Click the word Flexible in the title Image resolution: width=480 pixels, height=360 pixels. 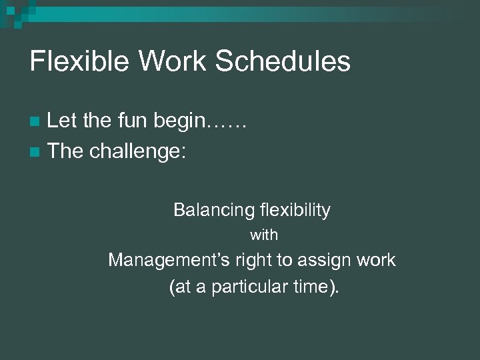coord(74,61)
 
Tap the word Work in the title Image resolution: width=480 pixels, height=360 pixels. coord(163,61)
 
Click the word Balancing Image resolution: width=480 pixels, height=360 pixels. coord(209,211)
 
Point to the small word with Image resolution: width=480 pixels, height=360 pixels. coord(264,235)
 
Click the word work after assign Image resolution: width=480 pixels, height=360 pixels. coord(377,260)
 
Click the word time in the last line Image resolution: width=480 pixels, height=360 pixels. coord(311,288)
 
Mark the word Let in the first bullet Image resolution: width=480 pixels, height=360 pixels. coord(61,121)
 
